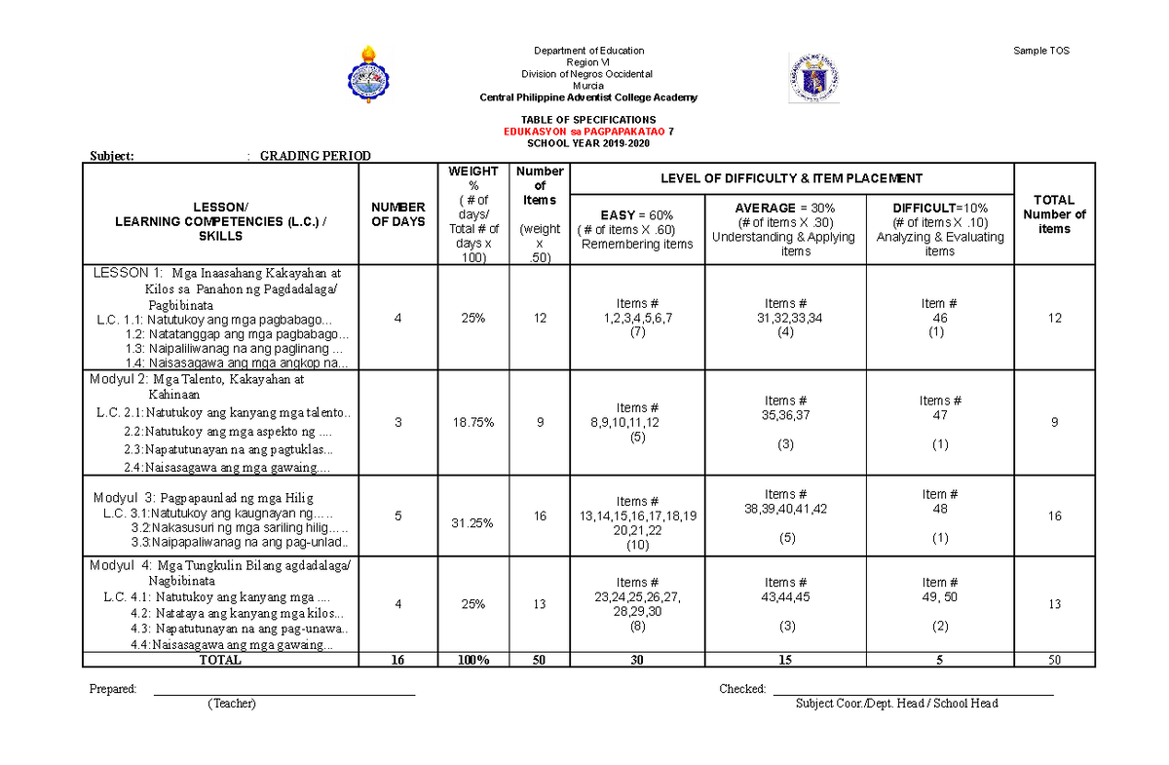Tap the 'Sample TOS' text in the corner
pos(1042,51)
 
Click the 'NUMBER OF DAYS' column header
pos(397,214)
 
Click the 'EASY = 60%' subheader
pos(637,215)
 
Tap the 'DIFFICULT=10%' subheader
pos(939,209)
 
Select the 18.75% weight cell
pos(473,423)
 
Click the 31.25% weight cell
pos(473,523)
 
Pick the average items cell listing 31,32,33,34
pos(785,318)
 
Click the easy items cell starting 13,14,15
pos(637,516)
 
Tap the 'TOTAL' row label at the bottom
pos(220,660)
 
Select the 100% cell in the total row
pos(473,660)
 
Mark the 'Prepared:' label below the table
pos(113,689)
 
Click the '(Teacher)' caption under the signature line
pos(231,704)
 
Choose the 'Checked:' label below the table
pos(742,689)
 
